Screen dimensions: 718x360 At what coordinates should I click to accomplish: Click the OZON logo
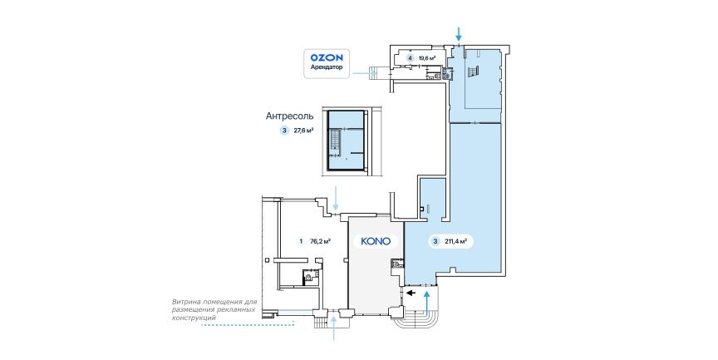(x=327, y=57)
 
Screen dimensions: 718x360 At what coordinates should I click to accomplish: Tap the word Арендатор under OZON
(x=327, y=67)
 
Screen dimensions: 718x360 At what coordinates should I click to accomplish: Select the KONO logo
(x=376, y=241)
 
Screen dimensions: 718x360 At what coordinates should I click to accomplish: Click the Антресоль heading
(x=290, y=116)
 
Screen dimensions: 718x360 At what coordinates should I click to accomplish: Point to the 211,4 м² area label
(x=455, y=241)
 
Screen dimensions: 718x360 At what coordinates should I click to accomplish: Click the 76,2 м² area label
(x=320, y=241)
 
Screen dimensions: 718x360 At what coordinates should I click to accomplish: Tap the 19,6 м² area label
(x=426, y=58)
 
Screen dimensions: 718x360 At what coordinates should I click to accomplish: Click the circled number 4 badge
(x=411, y=58)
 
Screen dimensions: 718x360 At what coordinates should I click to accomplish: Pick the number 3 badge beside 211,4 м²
(x=435, y=241)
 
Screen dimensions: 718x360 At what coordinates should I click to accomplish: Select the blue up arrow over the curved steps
(x=427, y=303)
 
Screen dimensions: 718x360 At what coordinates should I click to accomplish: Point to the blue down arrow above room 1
(x=337, y=199)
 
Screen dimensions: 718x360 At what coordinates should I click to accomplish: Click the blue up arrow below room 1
(x=334, y=328)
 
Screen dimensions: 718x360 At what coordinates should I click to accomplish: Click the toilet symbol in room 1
(x=309, y=277)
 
